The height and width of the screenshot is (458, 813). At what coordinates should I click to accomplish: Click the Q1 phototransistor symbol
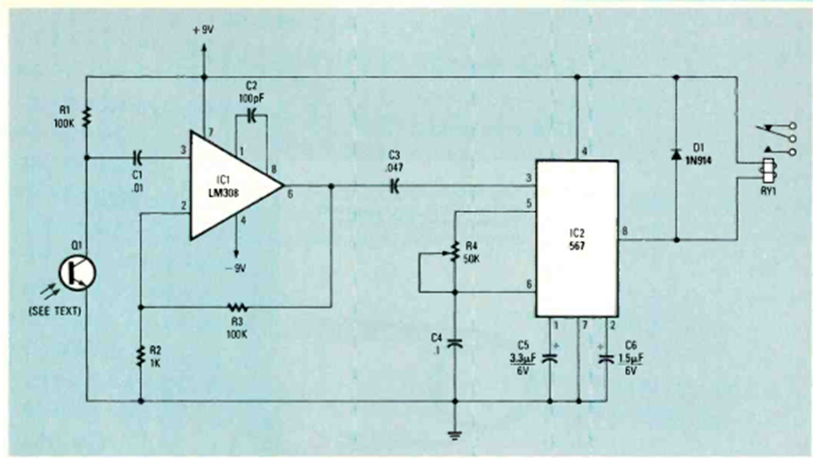(77, 274)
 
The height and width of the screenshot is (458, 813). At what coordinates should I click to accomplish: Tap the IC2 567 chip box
(576, 239)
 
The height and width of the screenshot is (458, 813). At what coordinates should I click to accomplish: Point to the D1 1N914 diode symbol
(676, 154)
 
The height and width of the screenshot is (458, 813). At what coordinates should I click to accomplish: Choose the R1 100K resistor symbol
(86, 117)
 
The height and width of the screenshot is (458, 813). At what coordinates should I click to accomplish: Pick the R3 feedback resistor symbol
(237, 307)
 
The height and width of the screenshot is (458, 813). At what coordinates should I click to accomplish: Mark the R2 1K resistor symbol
(140, 356)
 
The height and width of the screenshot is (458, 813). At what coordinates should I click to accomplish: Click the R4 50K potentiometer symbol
(454, 252)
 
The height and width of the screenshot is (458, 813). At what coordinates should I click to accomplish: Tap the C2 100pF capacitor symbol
(252, 116)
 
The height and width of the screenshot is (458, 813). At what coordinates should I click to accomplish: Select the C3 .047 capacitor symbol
(395, 185)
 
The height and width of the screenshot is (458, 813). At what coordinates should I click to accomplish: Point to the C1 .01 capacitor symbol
(138, 157)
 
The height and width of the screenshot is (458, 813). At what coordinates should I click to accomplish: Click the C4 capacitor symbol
(455, 343)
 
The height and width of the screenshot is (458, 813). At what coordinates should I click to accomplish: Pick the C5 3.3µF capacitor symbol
(550, 357)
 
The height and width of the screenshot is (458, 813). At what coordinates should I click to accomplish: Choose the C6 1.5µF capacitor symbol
(606, 358)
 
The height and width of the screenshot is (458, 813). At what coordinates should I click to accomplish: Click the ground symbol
(455, 435)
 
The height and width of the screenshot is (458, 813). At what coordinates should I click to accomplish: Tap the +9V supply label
(204, 30)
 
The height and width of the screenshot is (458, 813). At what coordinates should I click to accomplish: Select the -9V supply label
(236, 269)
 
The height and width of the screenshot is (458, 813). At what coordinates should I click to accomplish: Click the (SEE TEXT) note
(55, 311)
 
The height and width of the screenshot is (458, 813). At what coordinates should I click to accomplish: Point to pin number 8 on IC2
(625, 231)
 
